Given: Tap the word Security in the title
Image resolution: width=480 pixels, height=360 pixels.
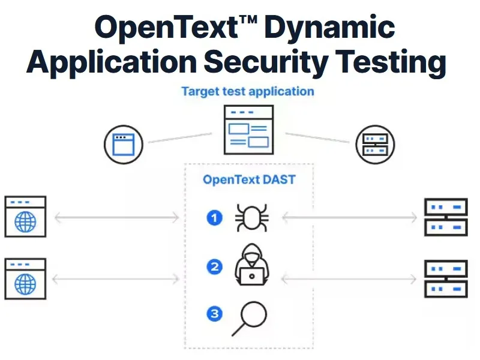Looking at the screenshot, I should tap(274, 62).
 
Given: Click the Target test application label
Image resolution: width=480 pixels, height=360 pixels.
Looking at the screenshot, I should tap(247, 92).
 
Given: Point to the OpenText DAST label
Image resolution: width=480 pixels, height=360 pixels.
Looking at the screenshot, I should tap(248, 179).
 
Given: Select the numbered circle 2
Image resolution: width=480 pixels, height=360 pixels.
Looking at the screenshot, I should tap(214, 266).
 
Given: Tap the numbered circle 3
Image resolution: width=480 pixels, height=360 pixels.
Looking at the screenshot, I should tap(214, 313).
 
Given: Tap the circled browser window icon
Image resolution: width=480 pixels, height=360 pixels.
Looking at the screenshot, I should tap(124, 144).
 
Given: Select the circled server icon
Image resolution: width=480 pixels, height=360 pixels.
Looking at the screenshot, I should tap(376, 144).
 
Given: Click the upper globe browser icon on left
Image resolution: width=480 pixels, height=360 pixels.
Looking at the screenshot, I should tap(25, 216).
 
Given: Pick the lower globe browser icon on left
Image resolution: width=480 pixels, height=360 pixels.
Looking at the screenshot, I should tap(25, 278).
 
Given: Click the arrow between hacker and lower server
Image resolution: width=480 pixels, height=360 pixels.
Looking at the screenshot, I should tap(349, 278).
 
